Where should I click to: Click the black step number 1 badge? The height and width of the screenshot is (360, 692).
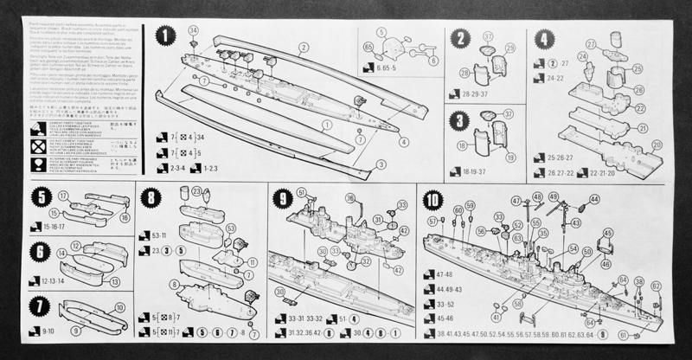tap(165, 35)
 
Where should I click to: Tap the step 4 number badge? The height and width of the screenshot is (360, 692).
tap(542, 38)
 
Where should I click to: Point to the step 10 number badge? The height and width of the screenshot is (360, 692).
tap(433, 201)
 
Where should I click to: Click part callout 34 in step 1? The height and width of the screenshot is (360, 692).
tap(193, 30)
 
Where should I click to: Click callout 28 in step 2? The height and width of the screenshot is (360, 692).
tap(464, 73)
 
